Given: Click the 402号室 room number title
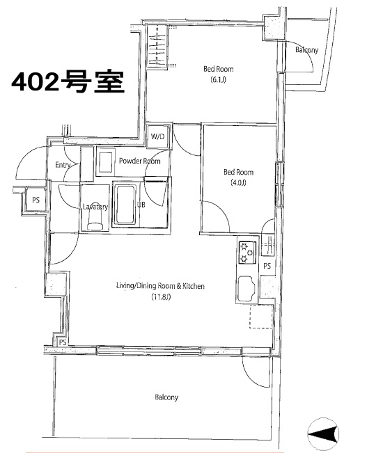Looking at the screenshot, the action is tap(68, 81).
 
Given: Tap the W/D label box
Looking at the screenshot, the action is tap(157, 136).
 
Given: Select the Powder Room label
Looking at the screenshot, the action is tap(140, 161).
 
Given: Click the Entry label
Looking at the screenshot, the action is tap(63, 165).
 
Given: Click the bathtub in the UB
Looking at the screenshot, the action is tap(125, 205).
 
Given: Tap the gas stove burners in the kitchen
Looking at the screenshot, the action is tap(247, 252).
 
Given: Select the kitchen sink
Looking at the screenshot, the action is tap(246, 289).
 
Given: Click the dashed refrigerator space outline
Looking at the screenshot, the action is tap(261, 317).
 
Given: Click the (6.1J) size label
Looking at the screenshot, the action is tap(219, 79).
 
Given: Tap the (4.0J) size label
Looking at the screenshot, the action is tap(238, 182).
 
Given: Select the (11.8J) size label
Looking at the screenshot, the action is tap(161, 296).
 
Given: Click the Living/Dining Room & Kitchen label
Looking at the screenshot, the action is tap(160, 286).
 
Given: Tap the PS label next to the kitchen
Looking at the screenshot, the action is tap(267, 266).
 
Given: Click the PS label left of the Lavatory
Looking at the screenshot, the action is tap(36, 200).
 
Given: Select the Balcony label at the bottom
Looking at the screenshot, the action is tap(166, 397).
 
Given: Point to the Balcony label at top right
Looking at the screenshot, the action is tap(307, 50).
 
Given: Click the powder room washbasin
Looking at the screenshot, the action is tap(105, 161).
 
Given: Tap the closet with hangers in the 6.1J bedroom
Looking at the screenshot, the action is tap(157, 46).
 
